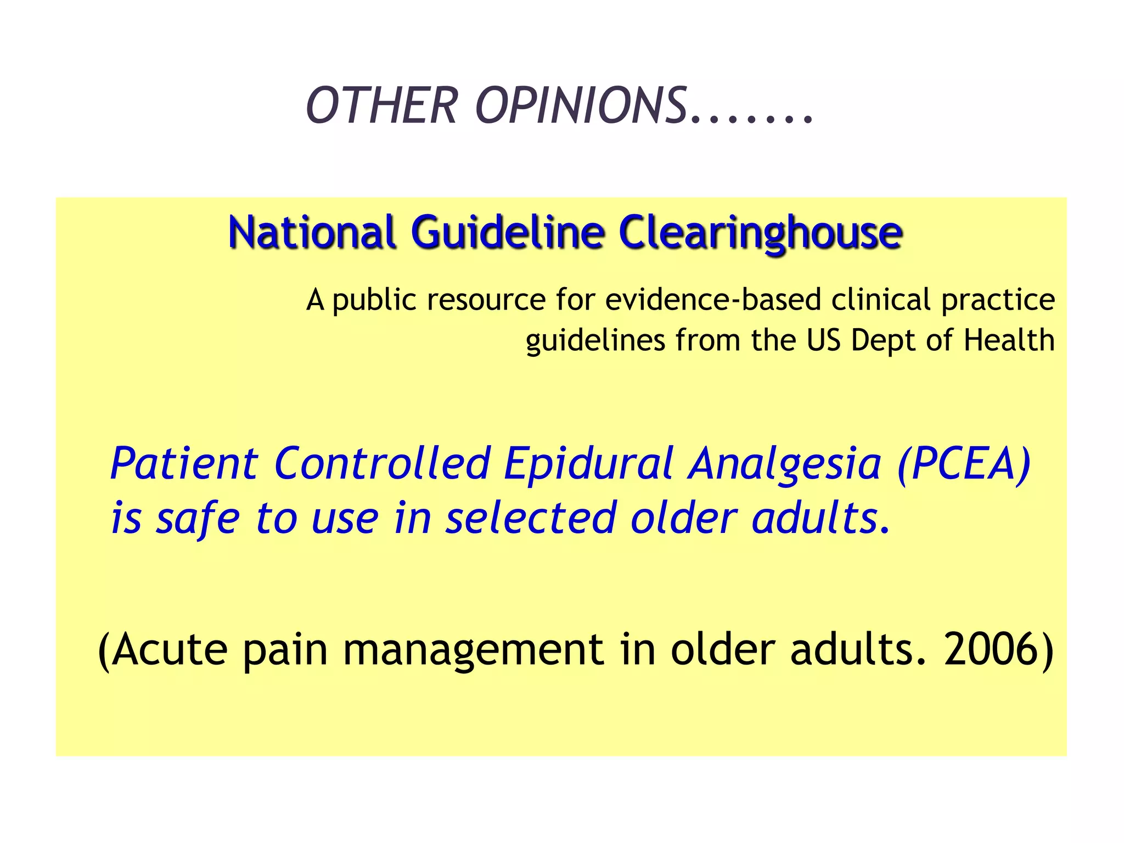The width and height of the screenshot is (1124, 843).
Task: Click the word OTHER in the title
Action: point(381,105)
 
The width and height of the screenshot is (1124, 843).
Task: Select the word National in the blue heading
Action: point(312,232)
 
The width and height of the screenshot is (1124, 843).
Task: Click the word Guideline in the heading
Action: point(508,232)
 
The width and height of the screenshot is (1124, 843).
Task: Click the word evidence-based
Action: point(713,300)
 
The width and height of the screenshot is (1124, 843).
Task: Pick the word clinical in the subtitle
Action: point(881,300)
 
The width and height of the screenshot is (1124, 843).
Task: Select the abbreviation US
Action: point(824,340)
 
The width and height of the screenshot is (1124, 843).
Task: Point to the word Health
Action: point(1009,340)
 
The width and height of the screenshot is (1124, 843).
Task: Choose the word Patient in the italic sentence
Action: point(184,464)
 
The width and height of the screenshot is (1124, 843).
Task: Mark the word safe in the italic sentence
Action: point(198,519)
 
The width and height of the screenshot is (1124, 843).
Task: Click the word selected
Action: point(531,518)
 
